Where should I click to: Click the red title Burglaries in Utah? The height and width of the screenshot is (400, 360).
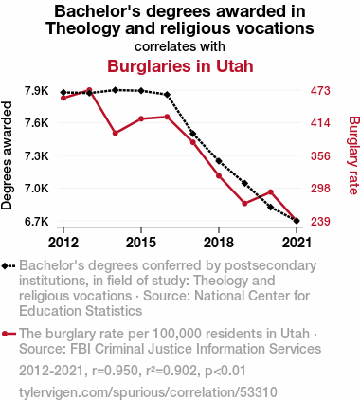coord(180,66)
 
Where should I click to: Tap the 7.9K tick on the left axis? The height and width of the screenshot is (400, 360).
coord(37,91)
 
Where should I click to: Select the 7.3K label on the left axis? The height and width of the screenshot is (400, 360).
coord(37,156)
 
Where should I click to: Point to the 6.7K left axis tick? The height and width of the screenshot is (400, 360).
coord(37,221)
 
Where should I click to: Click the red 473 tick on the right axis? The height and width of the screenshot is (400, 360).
coord(320,91)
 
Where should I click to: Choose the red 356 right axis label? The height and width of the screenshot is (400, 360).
coord(320,156)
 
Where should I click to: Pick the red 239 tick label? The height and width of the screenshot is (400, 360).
coord(320,221)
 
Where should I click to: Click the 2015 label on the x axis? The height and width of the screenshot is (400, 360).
coord(141,243)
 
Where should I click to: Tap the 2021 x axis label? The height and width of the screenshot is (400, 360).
coord(297,243)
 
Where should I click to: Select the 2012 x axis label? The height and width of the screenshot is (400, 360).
coord(63,243)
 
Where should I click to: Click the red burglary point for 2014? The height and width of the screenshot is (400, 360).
coord(116,134)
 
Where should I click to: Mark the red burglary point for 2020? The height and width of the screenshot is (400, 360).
coord(271,192)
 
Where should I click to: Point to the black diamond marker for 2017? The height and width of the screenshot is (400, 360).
coord(193,134)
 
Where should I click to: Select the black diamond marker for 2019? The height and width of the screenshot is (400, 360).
coord(244,183)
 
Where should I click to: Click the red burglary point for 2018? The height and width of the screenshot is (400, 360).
coord(219,175)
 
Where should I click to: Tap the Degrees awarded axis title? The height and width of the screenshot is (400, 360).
coord(7,155)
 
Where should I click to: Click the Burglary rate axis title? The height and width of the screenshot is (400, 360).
coord(353,155)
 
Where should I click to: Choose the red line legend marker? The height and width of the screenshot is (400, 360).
coord(9,334)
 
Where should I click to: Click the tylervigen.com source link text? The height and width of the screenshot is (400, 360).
coord(148,392)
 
